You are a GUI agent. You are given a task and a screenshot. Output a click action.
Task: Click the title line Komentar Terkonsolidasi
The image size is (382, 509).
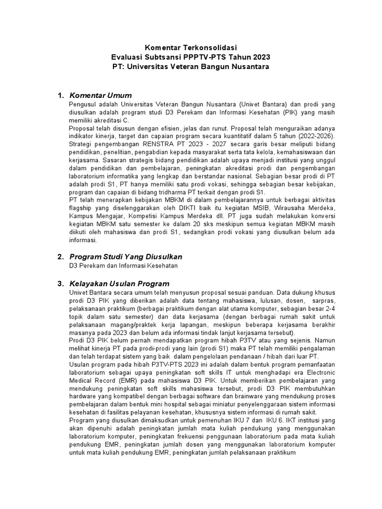point(191,48)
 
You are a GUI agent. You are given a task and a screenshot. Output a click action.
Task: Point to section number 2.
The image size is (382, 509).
point(60,256)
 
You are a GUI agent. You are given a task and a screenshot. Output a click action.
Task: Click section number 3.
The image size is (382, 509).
point(60,283)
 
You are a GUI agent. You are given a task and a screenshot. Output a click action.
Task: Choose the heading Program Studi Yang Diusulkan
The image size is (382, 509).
point(126,256)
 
